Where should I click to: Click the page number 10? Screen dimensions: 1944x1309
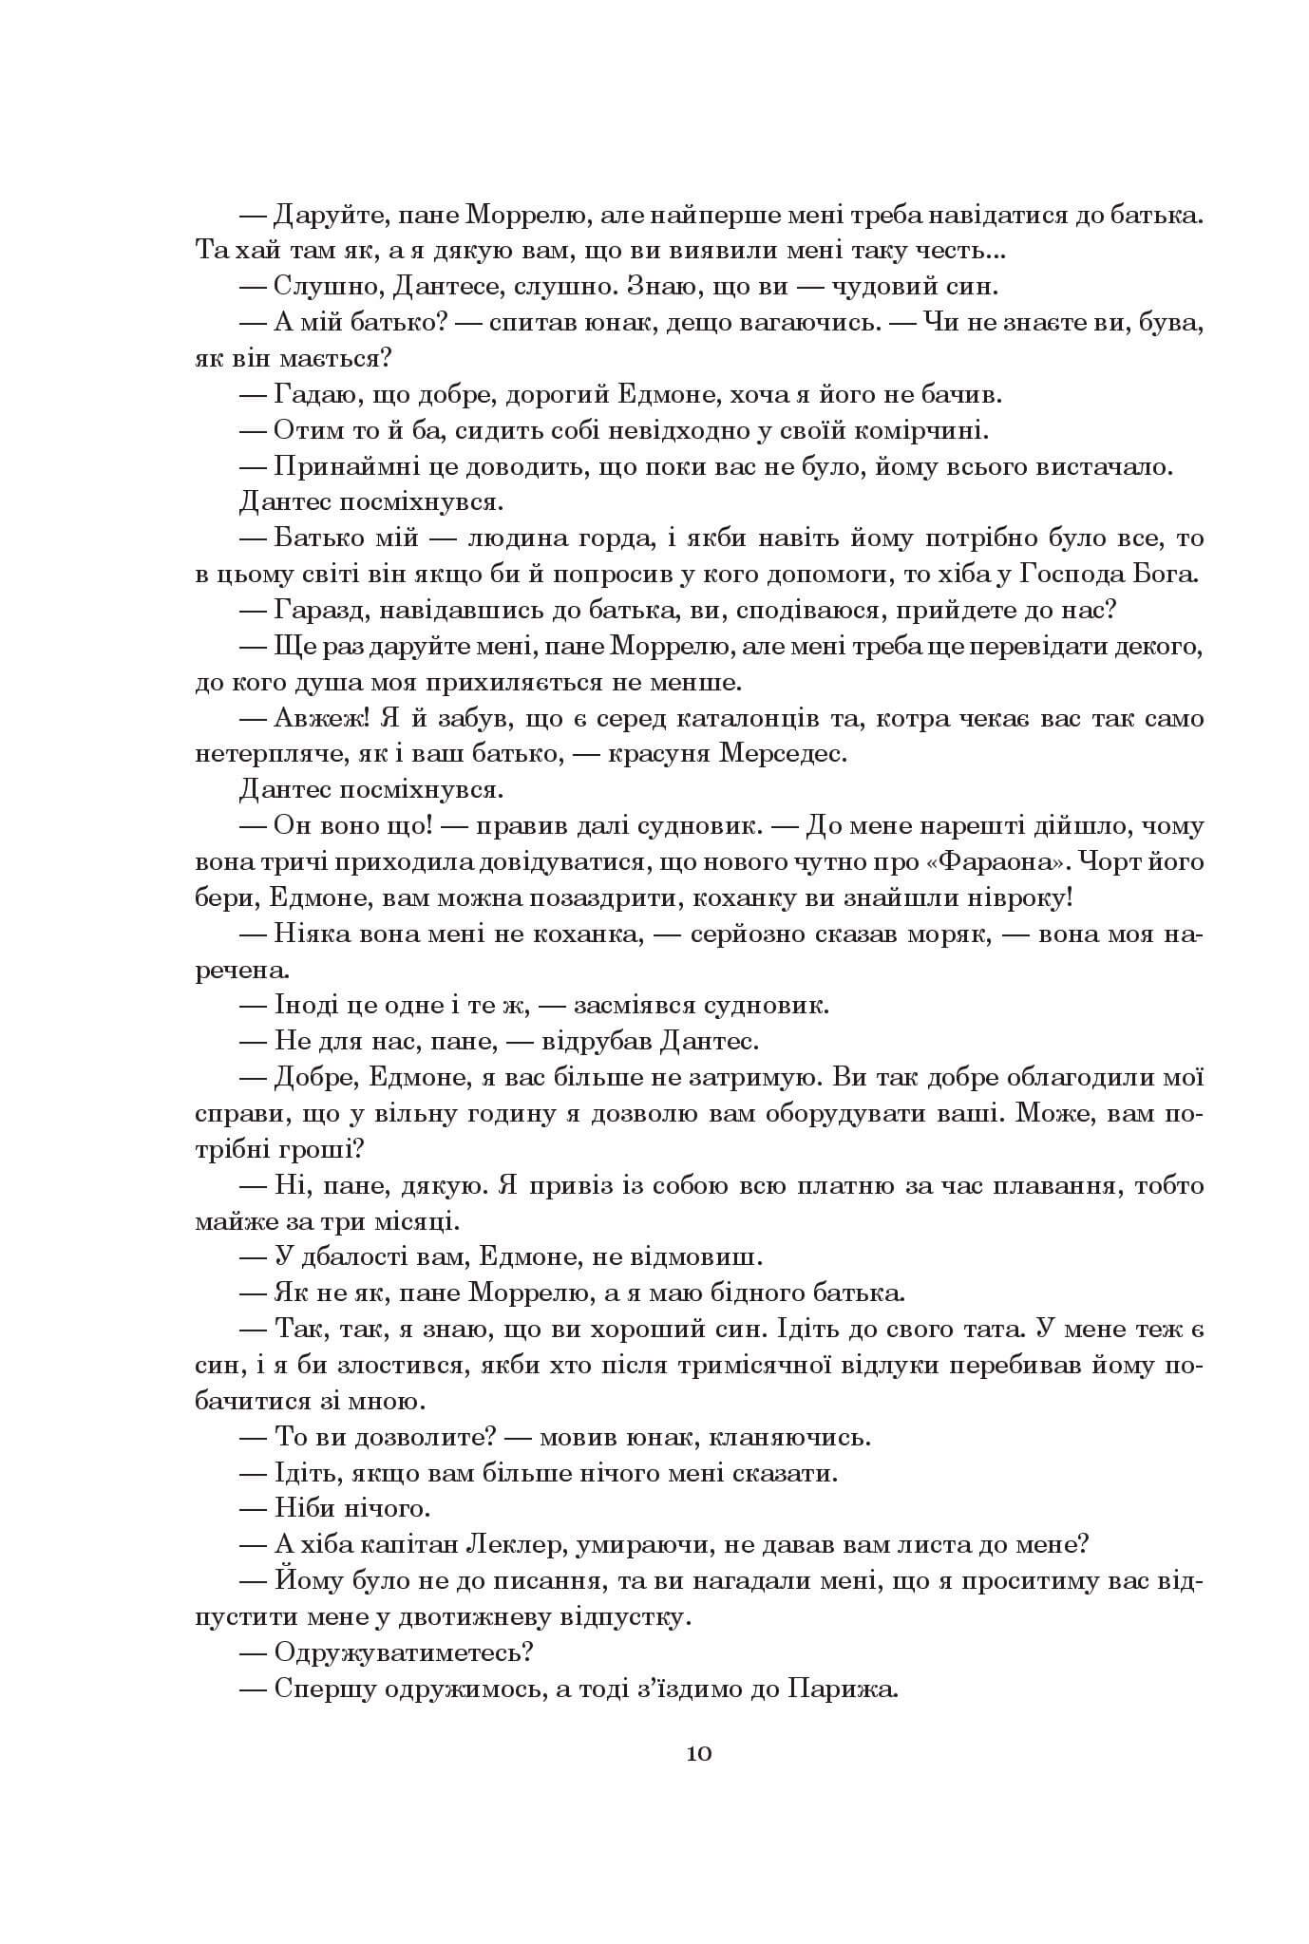pyautogui.click(x=698, y=1752)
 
